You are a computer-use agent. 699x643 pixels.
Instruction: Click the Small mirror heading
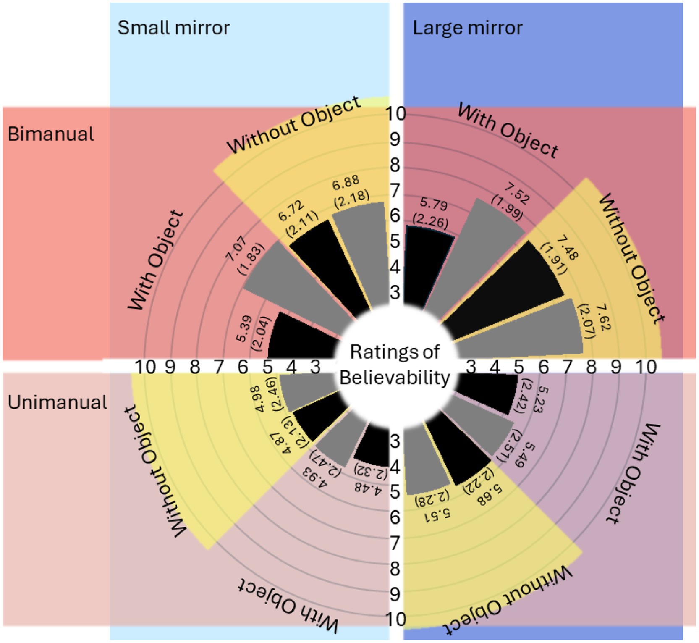pos(173,28)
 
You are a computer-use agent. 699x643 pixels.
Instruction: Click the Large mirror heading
pos(467,28)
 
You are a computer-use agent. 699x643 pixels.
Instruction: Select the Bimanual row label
pos(51,134)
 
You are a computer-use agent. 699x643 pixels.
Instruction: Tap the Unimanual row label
pos(58,402)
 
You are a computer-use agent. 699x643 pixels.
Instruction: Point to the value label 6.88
pos(346,182)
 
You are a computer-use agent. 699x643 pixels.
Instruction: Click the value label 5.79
pos(434,205)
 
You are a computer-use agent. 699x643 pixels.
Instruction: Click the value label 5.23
pos(541,399)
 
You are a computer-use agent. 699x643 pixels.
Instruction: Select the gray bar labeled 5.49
pos(483,424)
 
